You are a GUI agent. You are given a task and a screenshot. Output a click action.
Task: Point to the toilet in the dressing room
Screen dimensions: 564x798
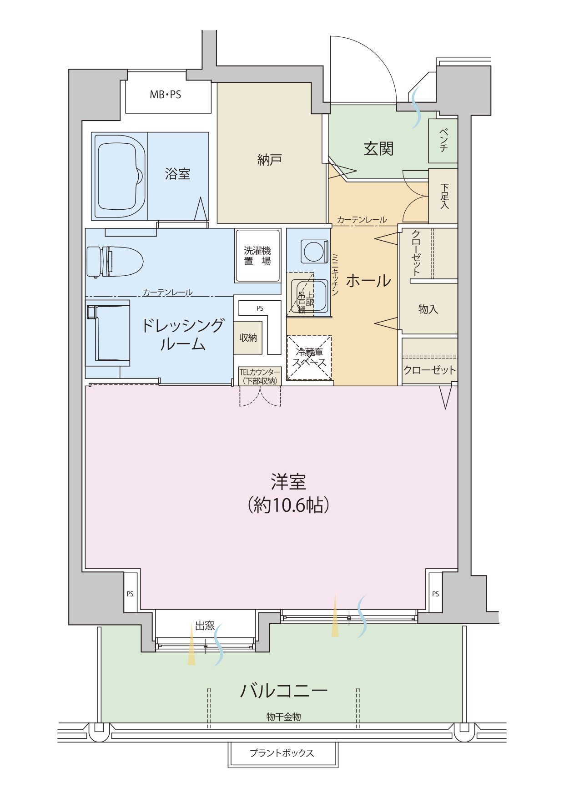[x=115, y=262]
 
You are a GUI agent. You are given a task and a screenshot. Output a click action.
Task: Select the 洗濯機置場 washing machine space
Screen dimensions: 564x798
[x=257, y=255]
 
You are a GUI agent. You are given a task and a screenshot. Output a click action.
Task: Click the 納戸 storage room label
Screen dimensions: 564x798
[x=270, y=160]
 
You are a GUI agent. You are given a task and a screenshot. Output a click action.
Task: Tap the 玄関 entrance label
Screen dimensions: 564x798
[x=378, y=148]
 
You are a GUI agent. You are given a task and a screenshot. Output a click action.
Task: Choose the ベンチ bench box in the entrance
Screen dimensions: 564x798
[x=443, y=141]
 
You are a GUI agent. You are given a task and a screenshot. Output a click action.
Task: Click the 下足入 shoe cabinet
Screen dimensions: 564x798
[x=443, y=196]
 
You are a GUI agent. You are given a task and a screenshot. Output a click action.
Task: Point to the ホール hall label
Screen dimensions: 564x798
[x=368, y=281]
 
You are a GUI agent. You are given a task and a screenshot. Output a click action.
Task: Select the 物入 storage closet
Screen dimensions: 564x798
[x=428, y=309]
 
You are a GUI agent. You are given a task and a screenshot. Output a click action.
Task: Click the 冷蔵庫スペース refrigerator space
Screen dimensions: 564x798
[x=309, y=358]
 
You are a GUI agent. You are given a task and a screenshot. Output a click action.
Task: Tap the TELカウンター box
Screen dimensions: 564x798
[x=260, y=376]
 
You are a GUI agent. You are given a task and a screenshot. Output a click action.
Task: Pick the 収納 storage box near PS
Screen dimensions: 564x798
[x=248, y=338]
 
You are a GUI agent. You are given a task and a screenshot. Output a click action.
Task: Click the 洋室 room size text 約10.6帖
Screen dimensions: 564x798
[x=288, y=505]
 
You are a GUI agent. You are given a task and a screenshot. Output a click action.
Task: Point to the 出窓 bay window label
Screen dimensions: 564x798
[x=205, y=626]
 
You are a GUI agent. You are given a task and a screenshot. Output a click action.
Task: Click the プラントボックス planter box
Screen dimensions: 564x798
[x=282, y=754]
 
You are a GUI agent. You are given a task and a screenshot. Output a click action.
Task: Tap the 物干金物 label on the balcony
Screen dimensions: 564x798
[x=283, y=717]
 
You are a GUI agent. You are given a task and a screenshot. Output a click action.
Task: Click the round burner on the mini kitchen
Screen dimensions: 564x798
[x=314, y=252]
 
